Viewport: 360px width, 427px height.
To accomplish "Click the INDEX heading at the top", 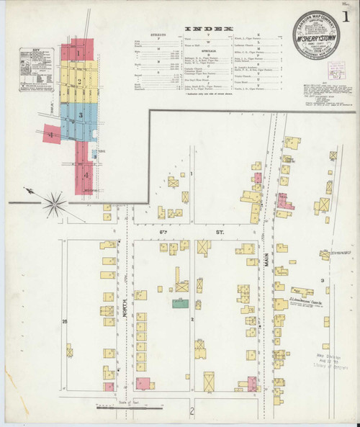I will tap(214, 30).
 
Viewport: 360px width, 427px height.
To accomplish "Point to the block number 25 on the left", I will tap(65, 320).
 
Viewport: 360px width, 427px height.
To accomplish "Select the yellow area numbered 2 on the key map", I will tap(78, 81).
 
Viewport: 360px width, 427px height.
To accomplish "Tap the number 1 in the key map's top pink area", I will tap(78, 51).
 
